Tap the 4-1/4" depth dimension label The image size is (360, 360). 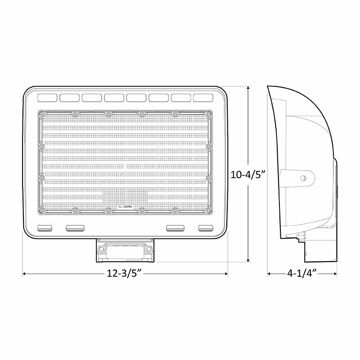pos(302,273)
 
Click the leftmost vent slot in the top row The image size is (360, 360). pos(47,97)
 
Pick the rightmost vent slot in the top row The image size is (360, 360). pos(204,97)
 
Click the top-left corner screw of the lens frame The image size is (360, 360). pos(42,113)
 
